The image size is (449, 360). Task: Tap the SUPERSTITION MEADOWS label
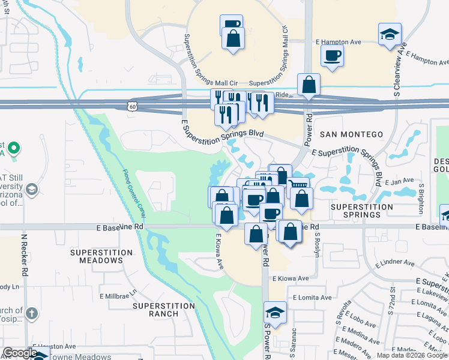click(x=96, y=256)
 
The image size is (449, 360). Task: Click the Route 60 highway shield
click(x=131, y=106)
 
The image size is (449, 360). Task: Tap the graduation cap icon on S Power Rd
click(x=275, y=313)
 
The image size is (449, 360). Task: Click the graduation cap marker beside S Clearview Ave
click(x=390, y=34)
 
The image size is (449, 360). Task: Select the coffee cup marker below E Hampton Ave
click(x=332, y=56)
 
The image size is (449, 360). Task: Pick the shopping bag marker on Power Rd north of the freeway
click(x=309, y=86)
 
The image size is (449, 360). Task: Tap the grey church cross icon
click(x=32, y=313)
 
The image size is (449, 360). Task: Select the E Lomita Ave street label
click(x=312, y=298)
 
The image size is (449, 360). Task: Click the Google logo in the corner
click(x=20, y=353)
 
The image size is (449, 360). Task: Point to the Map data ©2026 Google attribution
click(x=411, y=355)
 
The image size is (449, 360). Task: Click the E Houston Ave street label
click(x=54, y=346)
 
